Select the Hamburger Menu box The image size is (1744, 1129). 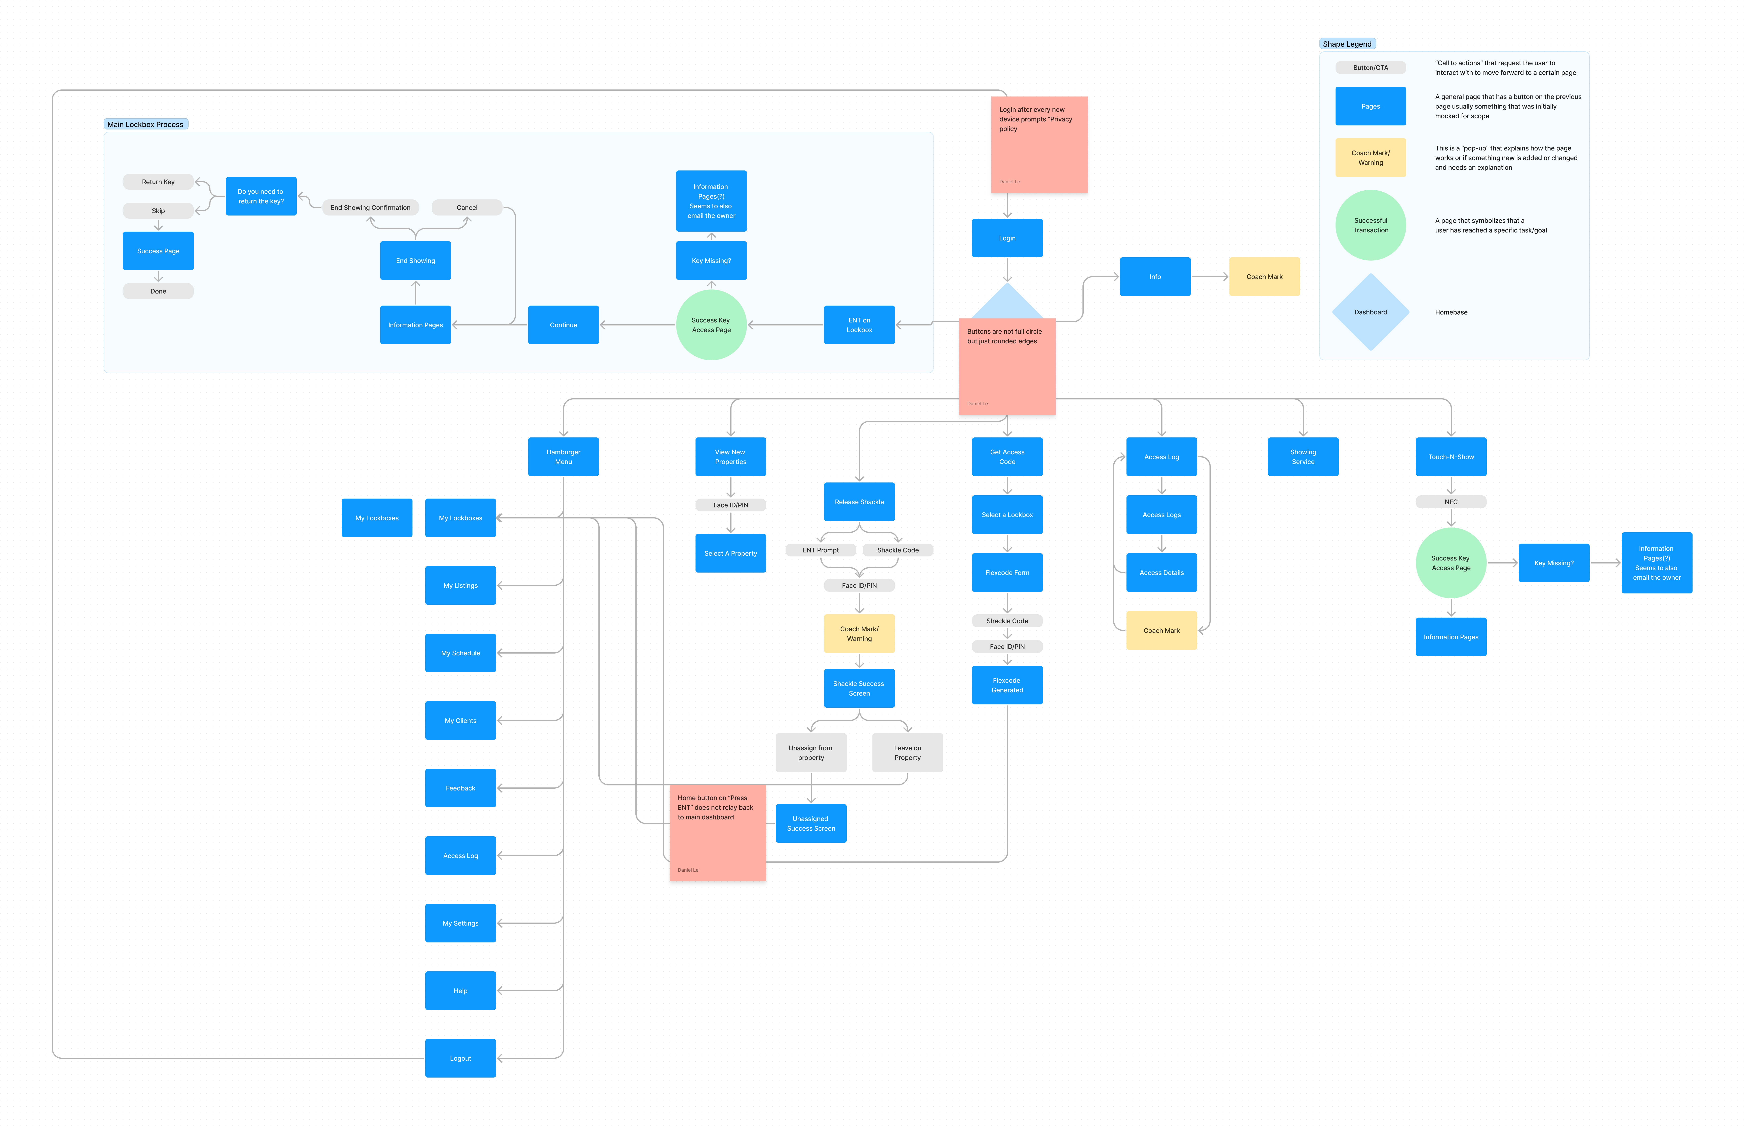pyautogui.click(x=563, y=456)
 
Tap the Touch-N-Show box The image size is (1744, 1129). pyautogui.click(x=1451, y=456)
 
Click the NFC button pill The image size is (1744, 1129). pyautogui.click(x=1451, y=502)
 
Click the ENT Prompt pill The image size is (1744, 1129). pyautogui.click(x=821, y=550)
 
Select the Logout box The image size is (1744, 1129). pyautogui.click(x=460, y=1058)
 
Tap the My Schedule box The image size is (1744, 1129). pyautogui.click(x=460, y=653)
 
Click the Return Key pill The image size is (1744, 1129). pyautogui.click(x=158, y=182)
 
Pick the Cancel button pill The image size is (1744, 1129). pyautogui.click(x=467, y=207)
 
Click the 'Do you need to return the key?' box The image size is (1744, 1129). pyautogui.click(x=261, y=196)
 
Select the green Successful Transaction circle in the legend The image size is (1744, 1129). pyautogui.click(x=1370, y=225)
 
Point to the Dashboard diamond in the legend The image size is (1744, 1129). pyautogui.click(x=1370, y=312)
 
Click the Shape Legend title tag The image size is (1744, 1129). pyautogui.click(x=1347, y=44)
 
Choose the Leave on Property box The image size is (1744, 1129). pyautogui.click(x=907, y=752)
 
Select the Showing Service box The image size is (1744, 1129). pyautogui.click(x=1303, y=456)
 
